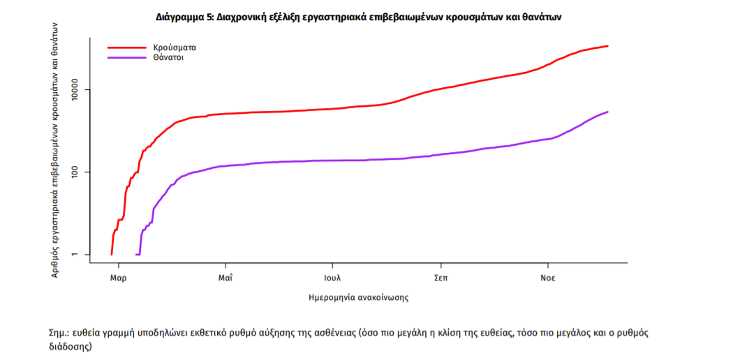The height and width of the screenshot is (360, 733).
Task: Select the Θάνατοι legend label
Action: point(170,57)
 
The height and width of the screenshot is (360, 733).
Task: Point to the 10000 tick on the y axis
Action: point(79,90)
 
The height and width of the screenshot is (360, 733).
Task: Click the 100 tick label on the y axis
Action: point(79,172)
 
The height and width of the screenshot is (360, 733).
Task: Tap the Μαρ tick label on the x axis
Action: point(118,277)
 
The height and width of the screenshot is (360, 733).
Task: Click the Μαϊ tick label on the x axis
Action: point(225,277)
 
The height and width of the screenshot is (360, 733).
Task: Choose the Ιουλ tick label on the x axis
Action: point(332,277)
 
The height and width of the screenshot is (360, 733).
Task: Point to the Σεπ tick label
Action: point(440,277)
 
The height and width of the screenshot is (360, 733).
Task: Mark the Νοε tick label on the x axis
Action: point(548,277)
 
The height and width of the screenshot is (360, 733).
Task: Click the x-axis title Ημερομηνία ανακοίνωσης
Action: point(358,297)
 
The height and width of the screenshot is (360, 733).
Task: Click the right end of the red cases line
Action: point(608,46)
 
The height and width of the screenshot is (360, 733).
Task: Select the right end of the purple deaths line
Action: point(608,112)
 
